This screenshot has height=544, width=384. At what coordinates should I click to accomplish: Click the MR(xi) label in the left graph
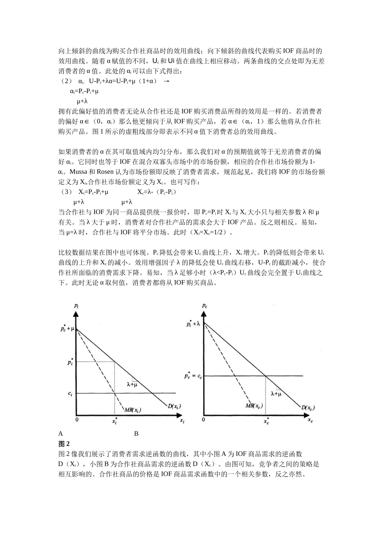(x=133, y=410)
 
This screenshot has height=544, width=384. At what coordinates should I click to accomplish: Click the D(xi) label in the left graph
(x=174, y=406)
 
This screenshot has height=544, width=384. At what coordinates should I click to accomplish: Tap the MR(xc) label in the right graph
(x=254, y=406)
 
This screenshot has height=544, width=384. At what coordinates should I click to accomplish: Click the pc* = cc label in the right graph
(x=193, y=376)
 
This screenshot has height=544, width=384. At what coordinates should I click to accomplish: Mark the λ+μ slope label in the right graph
(x=276, y=393)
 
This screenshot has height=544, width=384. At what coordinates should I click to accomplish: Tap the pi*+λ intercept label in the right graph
(x=194, y=323)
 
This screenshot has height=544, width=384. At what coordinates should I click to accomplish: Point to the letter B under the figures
(x=136, y=434)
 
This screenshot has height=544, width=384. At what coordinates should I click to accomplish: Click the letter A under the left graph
(x=61, y=434)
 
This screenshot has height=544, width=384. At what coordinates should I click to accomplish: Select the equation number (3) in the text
(x=65, y=192)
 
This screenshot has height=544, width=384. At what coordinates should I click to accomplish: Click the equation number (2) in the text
(x=65, y=81)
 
